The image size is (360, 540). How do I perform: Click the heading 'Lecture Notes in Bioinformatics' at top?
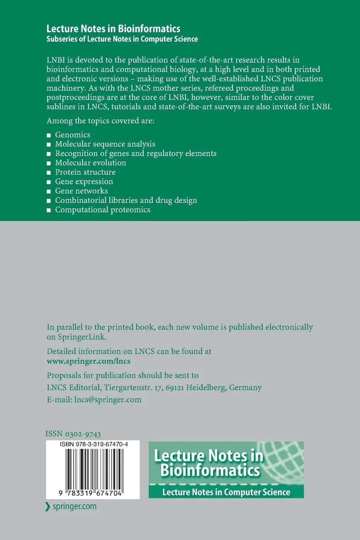[x=113, y=29]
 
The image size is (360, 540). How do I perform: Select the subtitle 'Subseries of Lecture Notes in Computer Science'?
[x=122, y=39]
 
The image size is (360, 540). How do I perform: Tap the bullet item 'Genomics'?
[x=73, y=135]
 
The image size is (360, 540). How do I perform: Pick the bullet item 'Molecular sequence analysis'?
[x=105, y=144]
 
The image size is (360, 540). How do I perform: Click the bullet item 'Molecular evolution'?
[x=90, y=163]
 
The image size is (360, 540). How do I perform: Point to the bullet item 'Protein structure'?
[x=85, y=172]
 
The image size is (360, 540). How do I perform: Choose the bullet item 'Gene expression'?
[x=84, y=181]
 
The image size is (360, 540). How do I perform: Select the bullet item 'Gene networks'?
[x=81, y=191]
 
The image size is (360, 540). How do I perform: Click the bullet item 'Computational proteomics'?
[x=102, y=210]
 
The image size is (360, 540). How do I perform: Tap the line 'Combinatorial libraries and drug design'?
[x=126, y=200]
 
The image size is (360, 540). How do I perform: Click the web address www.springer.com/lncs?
[x=89, y=361]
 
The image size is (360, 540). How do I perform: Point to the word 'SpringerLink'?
[x=81, y=337]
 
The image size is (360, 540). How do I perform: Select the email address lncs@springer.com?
[x=108, y=399]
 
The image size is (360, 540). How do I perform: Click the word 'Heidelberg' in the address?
[x=206, y=388]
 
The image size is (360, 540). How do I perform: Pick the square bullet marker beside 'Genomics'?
[x=49, y=135]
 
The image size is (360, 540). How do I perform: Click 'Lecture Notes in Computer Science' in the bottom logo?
[x=226, y=492]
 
